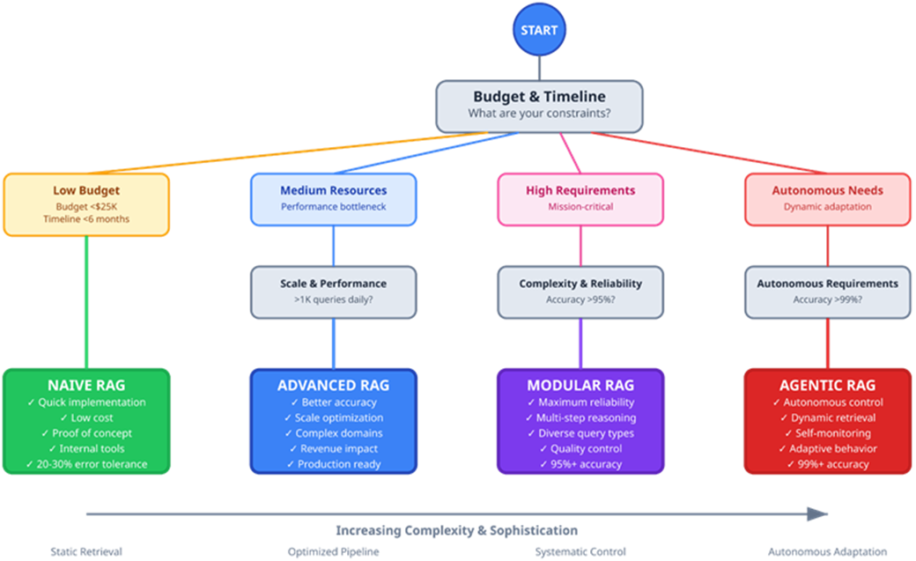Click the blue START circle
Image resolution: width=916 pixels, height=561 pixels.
[x=538, y=30]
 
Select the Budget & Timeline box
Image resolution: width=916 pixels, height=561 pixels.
[x=539, y=105]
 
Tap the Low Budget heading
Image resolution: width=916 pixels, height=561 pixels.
[x=86, y=190]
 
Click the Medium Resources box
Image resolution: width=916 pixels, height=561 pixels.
[x=333, y=198]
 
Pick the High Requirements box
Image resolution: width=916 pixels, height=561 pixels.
[x=580, y=198]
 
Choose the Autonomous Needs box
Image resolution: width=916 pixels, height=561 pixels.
[x=827, y=198]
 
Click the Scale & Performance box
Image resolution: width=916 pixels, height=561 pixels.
[x=333, y=292]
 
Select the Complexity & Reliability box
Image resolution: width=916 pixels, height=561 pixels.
[x=580, y=292]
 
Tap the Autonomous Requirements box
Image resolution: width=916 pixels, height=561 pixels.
[x=827, y=292]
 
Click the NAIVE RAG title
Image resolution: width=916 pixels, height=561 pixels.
[x=86, y=386]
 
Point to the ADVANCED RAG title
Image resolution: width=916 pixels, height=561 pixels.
[x=333, y=386]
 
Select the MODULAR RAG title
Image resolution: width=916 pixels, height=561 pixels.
[x=580, y=386]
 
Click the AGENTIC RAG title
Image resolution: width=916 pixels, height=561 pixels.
[x=827, y=386]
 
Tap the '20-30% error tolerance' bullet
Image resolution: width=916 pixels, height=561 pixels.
[x=86, y=464]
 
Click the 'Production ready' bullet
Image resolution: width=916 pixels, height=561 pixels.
[x=333, y=464]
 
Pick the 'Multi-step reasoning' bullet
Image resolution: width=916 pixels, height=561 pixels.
[x=580, y=418]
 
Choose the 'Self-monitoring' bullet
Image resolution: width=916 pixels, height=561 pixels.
[x=827, y=433]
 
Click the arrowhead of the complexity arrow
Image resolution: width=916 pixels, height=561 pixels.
[x=818, y=513]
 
